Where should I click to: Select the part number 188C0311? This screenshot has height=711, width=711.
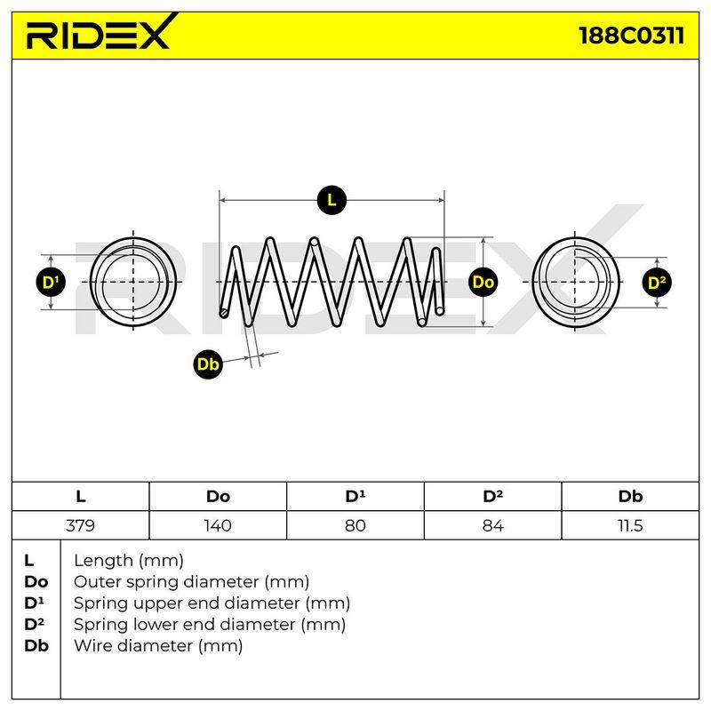pyautogui.click(x=631, y=36)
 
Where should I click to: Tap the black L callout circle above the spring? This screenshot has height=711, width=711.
pyautogui.click(x=332, y=200)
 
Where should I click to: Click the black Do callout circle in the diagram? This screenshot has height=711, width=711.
pyautogui.click(x=483, y=282)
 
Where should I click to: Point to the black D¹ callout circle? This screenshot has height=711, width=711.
pyautogui.click(x=51, y=282)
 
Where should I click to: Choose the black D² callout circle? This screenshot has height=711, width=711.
pyautogui.click(x=657, y=283)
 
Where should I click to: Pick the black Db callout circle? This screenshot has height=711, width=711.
pyautogui.click(x=208, y=363)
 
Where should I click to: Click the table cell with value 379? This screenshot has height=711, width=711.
pyautogui.click(x=80, y=525)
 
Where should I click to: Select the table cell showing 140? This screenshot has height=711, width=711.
pyautogui.click(x=218, y=525)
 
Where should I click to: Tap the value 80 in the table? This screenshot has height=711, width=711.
pyautogui.click(x=355, y=525)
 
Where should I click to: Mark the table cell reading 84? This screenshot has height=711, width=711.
pyautogui.click(x=493, y=525)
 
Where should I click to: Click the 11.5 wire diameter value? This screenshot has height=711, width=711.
pyautogui.click(x=630, y=525)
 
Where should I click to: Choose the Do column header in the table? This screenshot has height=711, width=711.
pyautogui.click(x=218, y=497)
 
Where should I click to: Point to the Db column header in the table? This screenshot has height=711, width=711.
pyautogui.click(x=630, y=497)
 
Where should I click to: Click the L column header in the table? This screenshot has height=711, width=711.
pyautogui.click(x=80, y=497)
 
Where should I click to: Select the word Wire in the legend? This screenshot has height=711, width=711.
pyautogui.click(x=94, y=645)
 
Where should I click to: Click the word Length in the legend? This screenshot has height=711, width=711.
pyautogui.click(x=104, y=561)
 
